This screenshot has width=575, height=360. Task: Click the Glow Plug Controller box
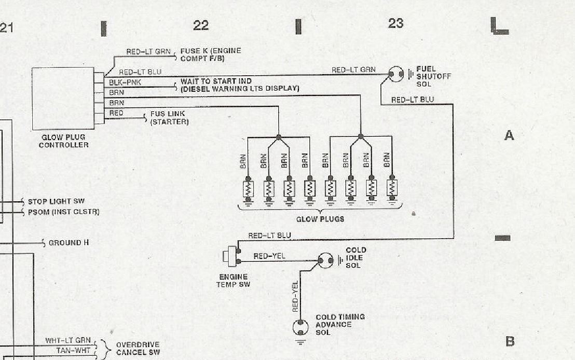(x=63, y=98)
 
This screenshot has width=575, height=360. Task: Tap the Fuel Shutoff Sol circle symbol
(x=396, y=74)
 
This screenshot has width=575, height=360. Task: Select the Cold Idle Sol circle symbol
(x=325, y=260)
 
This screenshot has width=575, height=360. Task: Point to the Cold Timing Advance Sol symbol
(x=300, y=327)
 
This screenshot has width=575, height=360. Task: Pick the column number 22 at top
(x=201, y=25)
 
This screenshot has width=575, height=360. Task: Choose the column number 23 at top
(x=395, y=23)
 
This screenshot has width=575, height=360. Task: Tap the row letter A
(x=509, y=135)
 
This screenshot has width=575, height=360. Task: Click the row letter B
(x=510, y=341)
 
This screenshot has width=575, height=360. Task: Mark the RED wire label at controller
(x=116, y=113)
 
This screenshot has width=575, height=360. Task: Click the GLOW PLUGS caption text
(x=320, y=219)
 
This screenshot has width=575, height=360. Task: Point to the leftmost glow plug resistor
(x=248, y=188)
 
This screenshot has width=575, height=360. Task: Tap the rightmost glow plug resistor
(x=392, y=188)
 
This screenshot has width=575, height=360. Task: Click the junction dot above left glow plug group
(x=279, y=137)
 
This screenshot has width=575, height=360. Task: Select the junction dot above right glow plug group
(x=361, y=136)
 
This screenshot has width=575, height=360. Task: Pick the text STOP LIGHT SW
(x=56, y=201)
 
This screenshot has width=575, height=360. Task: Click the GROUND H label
(x=65, y=243)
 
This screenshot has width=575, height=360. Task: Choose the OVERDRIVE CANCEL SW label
(x=138, y=349)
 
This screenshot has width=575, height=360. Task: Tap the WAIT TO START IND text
(x=216, y=81)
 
